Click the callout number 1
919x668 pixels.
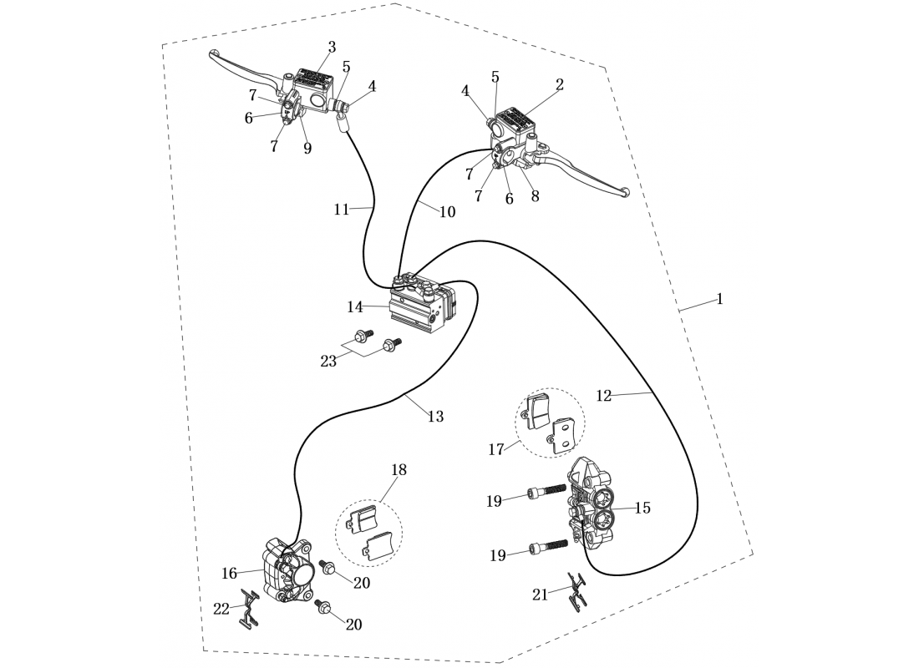tap(719, 299)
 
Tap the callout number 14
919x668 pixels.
tap(355, 307)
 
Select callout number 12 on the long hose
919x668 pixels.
tap(604, 396)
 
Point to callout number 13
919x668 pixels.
tap(435, 416)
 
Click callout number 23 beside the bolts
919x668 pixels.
tap(328, 361)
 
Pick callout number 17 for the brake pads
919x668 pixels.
tap(496, 449)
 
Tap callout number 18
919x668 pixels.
tap(399, 470)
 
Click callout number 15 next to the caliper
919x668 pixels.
tap(642, 508)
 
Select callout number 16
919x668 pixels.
tap(230, 573)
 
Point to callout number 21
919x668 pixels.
tap(540, 595)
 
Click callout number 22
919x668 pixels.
tap(221, 609)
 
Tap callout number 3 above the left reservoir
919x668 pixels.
tap(332, 48)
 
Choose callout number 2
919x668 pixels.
tap(560, 84)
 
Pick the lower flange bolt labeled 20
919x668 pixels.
tap(325, 607)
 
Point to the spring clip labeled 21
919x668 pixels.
tap(576, 590)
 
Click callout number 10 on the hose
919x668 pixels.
tap(447, 212)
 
